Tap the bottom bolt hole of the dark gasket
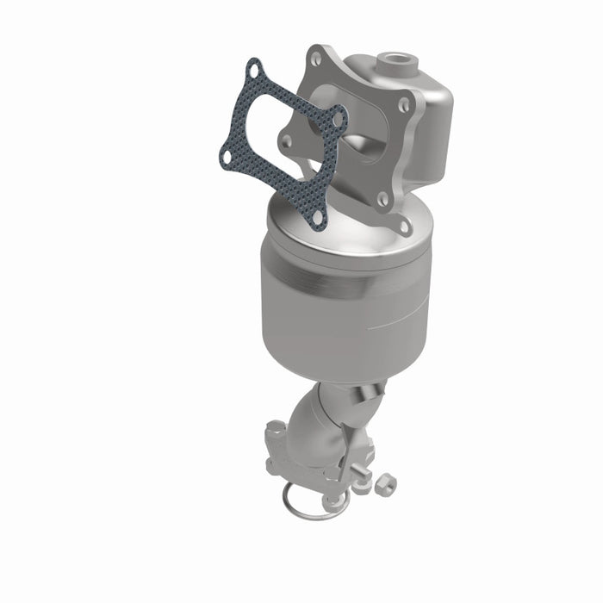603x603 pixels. click(x=318, y=219)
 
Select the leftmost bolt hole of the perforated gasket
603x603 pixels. click(x=226, y=158)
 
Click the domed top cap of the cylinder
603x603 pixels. click(x=345, y=228)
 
